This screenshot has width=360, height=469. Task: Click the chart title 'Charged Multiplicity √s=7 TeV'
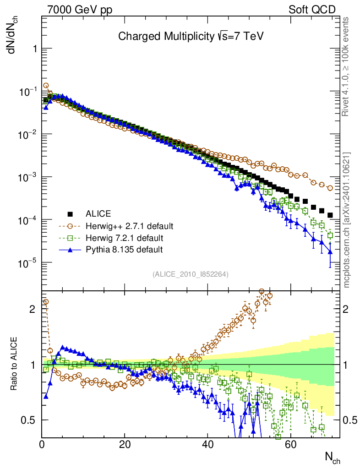191,36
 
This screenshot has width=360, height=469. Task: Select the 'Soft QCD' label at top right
312,10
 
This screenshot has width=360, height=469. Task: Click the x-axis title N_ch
332,457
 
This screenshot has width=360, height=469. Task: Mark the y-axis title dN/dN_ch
14,37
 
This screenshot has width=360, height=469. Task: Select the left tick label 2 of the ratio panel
32,309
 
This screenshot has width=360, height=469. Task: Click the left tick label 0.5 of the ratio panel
29,420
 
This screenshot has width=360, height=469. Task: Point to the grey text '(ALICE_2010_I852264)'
191,274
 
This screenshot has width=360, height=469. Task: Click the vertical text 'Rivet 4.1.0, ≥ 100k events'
346,66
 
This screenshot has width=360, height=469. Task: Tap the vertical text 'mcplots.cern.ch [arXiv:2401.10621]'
346,220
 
